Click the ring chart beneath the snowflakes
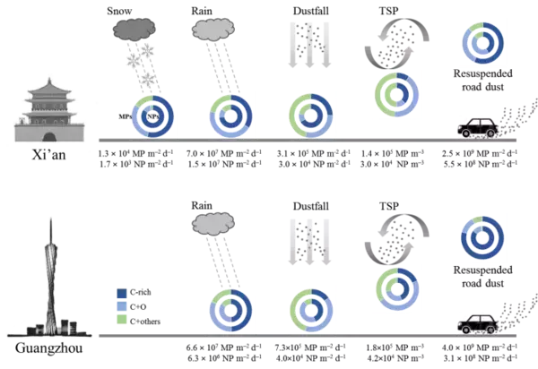[x=152, y=116]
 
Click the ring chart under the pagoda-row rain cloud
[x=232, y=116]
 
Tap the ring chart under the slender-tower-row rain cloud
[x=230, y=310]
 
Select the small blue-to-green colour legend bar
[x=123, y=305]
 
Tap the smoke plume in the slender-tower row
[x=389, y=235]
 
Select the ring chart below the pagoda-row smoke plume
[x=395, y=94]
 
